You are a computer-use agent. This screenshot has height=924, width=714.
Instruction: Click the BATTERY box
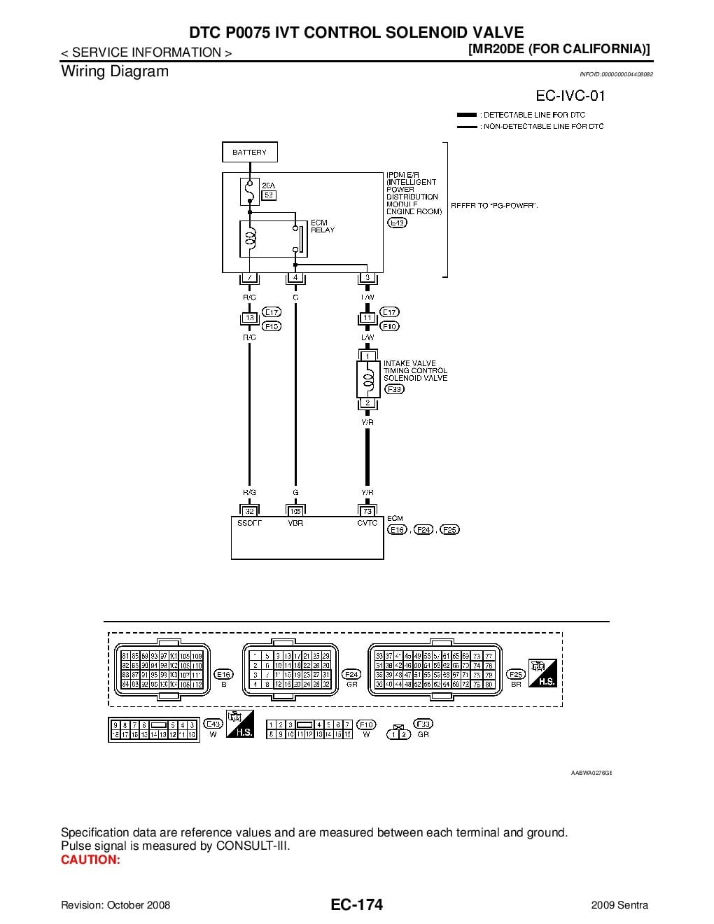click(x=249, y=152)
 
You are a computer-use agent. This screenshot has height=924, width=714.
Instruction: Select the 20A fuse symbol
click(x=249, y=190)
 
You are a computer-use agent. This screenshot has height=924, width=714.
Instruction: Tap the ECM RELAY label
click(x=323, y=226)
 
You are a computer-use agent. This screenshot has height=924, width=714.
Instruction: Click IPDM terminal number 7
click(x=249, y=278)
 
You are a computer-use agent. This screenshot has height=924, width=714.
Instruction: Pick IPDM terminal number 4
click(x=295, y=278)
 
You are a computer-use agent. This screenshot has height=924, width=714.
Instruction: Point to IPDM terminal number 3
click(x=367, y=278)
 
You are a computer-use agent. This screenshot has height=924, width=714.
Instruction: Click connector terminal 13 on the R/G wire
click(x=249, y=318)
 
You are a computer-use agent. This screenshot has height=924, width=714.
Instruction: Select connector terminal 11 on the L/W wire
click(x=367, y=318)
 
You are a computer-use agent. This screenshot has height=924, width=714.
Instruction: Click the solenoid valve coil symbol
click(x=367, y=379)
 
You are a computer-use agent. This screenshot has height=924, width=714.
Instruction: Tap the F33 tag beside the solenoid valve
click(x=394, y=389)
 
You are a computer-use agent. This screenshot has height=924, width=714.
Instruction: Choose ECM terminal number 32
click(x=249, y=511)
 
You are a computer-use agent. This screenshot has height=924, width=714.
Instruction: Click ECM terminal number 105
click(x=295, y=511)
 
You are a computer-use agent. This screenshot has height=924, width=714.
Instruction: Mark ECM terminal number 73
click(x=367, y=511)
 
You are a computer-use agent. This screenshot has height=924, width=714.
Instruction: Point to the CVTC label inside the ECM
click(x=367, y=523)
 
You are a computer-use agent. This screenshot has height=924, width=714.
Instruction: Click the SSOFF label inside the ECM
click(x=249, y=523)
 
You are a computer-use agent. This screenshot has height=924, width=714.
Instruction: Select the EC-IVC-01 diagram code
click(x=570, y=95)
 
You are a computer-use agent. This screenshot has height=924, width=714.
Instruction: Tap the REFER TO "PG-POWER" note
click(x=494, y=205)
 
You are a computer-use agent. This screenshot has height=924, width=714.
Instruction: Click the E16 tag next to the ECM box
click(x=398, y=530)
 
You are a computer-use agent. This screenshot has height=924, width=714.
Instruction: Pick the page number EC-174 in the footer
click(x=357, y=905)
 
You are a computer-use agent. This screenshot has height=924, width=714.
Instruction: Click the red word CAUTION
click(x=90, y=860)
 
